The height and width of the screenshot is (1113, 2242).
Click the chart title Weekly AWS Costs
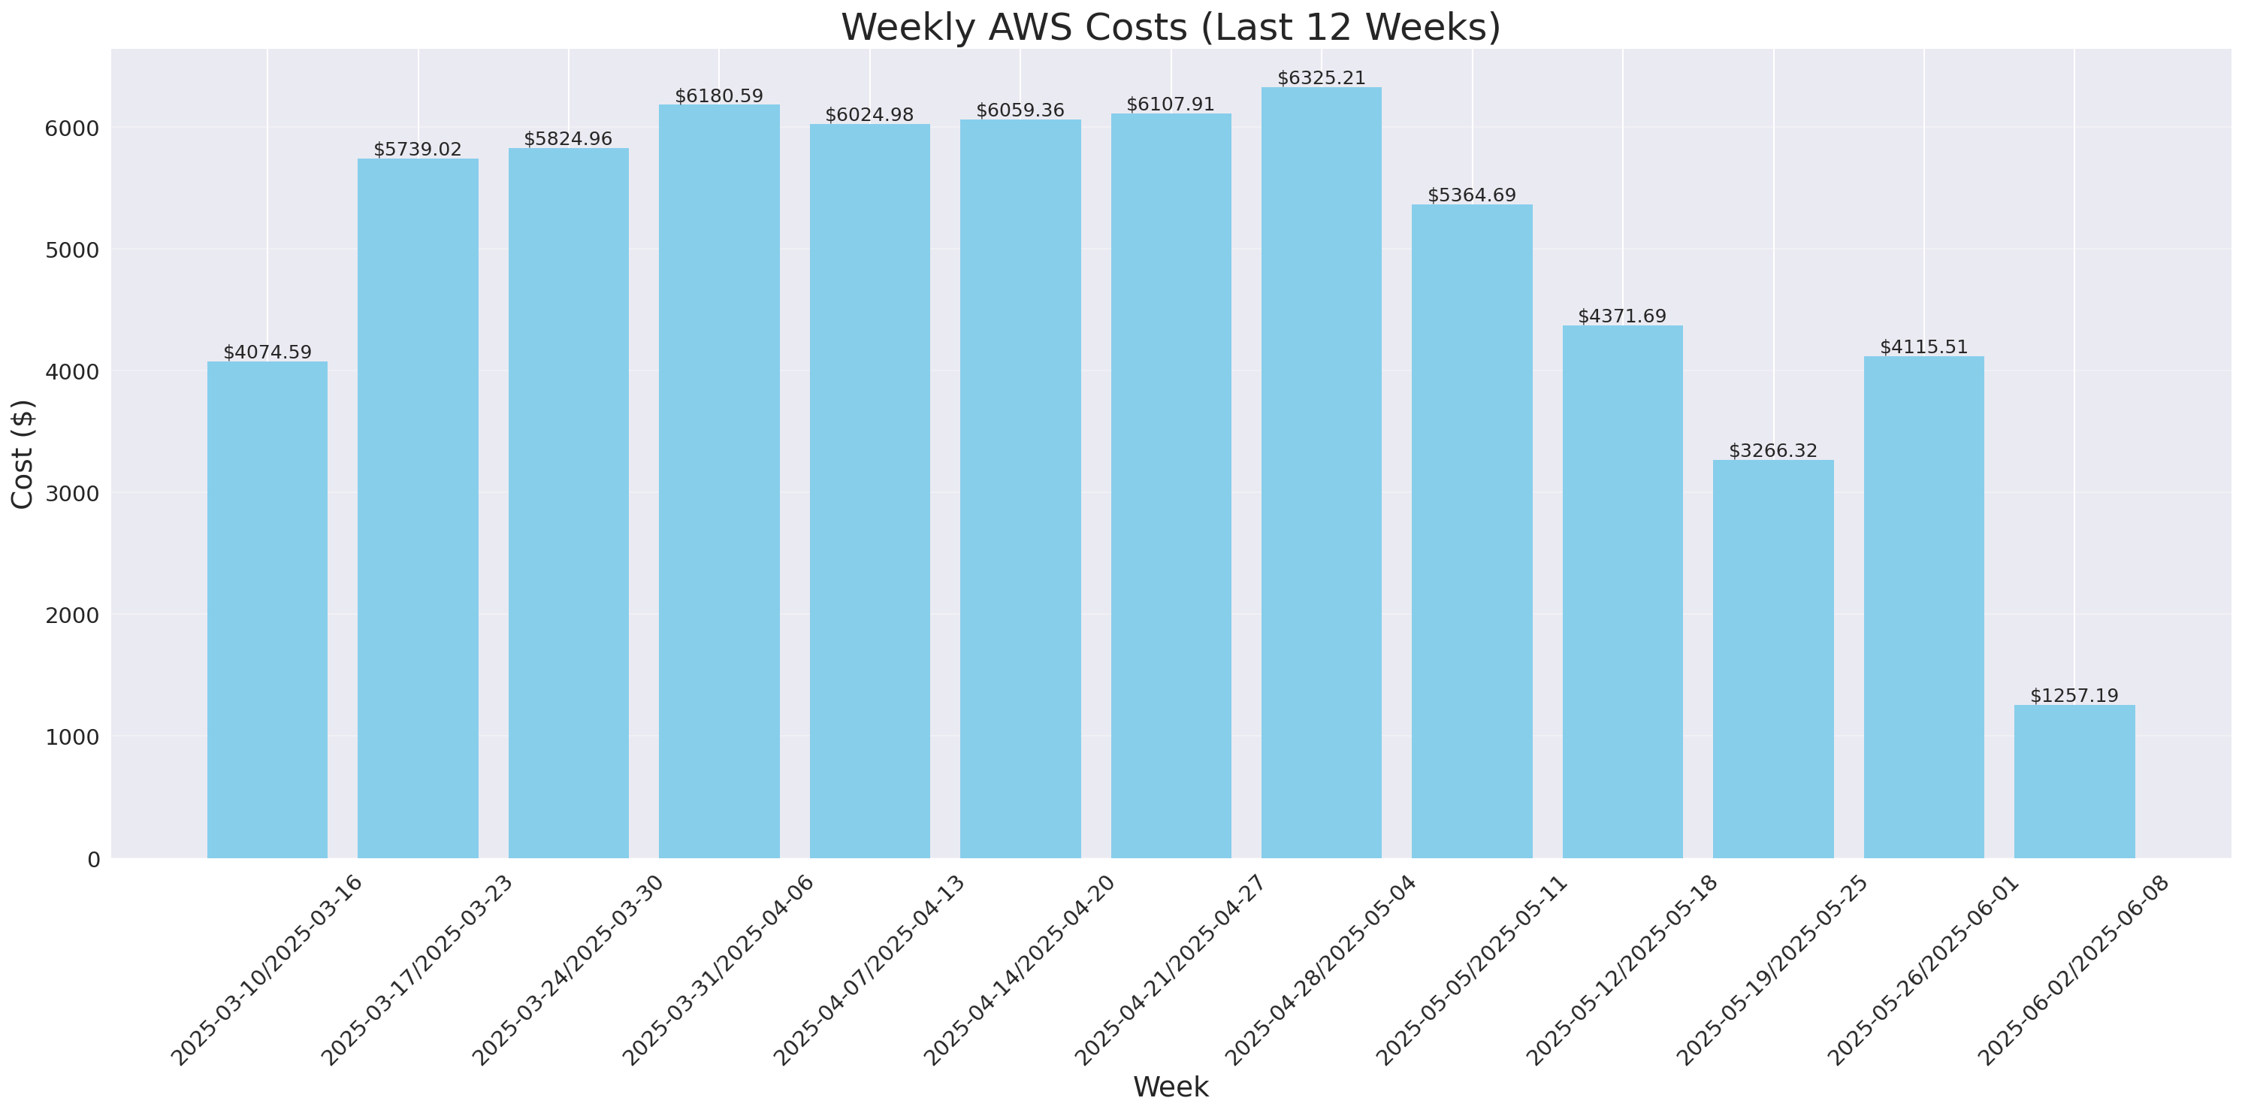(1171, 28)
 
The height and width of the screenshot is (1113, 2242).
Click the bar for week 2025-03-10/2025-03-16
(267, 610)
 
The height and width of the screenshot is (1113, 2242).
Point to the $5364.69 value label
(1472, 195)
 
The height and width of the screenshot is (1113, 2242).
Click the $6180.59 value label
(719, 95)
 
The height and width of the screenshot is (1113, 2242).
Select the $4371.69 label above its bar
(1622, 316)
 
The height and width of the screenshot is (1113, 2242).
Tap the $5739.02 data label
(418, 150)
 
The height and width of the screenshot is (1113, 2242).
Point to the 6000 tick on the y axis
(72, 129)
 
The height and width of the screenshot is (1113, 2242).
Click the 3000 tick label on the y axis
(72, 494)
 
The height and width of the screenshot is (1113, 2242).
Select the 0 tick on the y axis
(93, 859)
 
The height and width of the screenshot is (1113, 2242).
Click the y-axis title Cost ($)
(23, 453)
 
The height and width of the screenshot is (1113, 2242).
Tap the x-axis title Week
(1171, 1087)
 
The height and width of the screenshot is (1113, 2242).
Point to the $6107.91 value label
(1171, 104)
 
